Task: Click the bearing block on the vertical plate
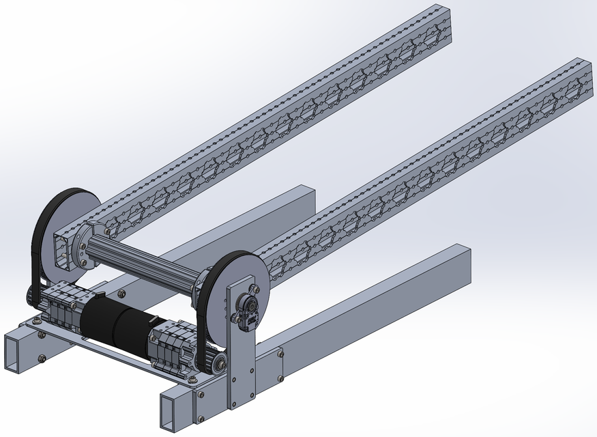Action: point(245,311)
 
